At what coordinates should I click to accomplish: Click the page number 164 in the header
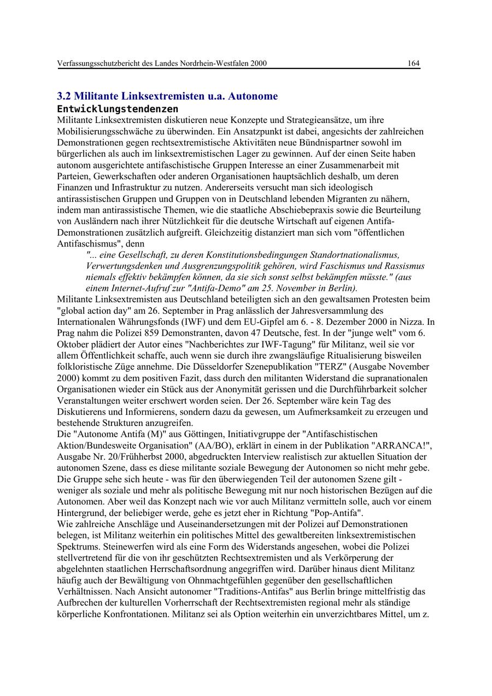[x=413, y=63]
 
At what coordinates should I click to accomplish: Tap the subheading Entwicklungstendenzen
[x=118, y=109]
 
